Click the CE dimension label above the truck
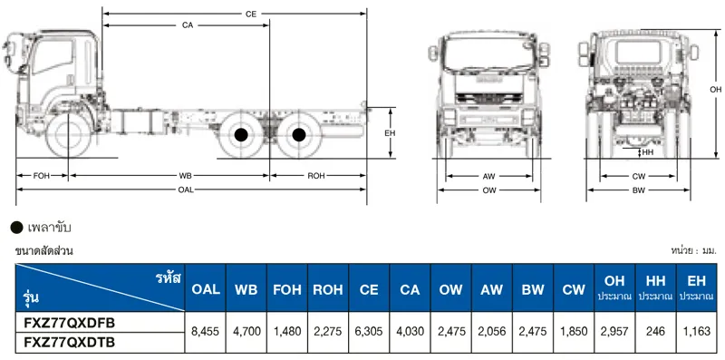point(251,15)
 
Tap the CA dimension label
point(188,25)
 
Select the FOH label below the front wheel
point(42,176)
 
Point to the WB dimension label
point(186,176)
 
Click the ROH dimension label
point(316,176)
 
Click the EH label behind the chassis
point(391,133)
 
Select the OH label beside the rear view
point(715,90)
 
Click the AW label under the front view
point(488,176)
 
